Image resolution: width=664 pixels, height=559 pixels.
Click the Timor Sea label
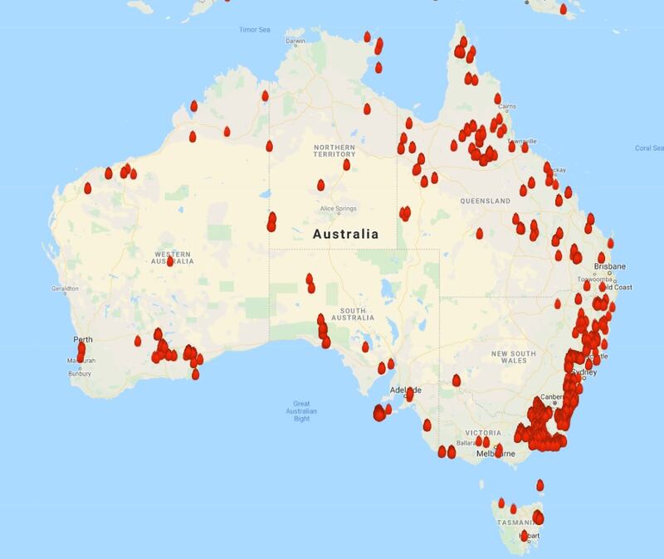(255, 29)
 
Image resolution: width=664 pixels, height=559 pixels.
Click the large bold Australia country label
(345, 235)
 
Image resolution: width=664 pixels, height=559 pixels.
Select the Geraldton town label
(65, 289)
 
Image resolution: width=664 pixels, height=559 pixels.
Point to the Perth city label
(83, 339)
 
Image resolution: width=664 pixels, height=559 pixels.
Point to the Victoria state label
(483, 433)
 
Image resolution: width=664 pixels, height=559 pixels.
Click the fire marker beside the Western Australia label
(169, 260)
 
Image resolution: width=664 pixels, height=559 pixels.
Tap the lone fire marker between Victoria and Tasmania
(540, 484)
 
